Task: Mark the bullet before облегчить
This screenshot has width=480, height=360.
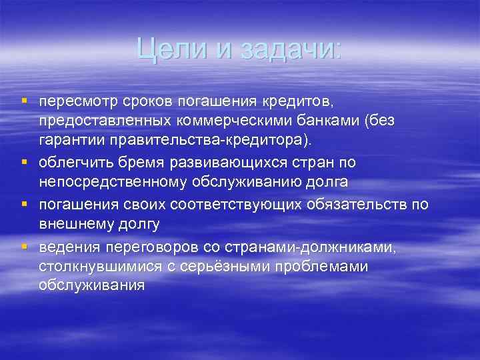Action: point(24,161)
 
